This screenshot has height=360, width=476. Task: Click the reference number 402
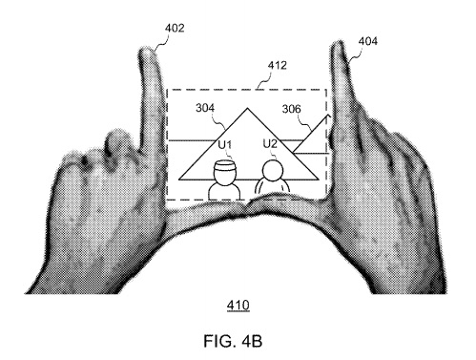175,29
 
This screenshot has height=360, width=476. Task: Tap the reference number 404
368,41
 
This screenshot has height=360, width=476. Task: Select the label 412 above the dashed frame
278,65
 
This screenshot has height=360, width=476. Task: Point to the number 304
205,108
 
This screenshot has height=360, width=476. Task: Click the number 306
291,109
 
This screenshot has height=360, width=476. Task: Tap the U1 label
225,145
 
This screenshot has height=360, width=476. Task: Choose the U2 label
270,144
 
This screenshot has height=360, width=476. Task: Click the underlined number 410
238,306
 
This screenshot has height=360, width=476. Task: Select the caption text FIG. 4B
233,341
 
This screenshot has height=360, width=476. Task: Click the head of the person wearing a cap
225,173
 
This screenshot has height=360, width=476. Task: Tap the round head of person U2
272,170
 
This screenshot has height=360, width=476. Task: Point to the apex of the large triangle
248,109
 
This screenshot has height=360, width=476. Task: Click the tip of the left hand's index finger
147,50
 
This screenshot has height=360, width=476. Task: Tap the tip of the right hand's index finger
337,44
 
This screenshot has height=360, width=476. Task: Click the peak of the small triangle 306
327,115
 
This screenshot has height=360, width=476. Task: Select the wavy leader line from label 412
264,79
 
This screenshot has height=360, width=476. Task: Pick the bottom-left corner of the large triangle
178,180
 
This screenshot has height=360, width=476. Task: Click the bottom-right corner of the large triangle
319,180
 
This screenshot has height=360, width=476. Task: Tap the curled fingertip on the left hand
117,140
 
